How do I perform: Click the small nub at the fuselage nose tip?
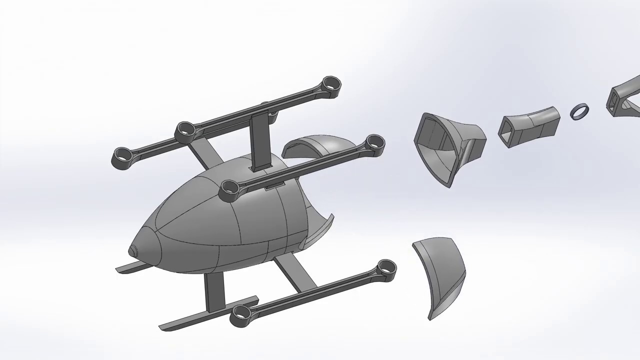133,251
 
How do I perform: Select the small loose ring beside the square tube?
579,111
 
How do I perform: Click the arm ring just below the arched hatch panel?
374,143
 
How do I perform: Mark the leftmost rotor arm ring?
121,156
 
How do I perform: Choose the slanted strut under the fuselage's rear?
295,272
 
